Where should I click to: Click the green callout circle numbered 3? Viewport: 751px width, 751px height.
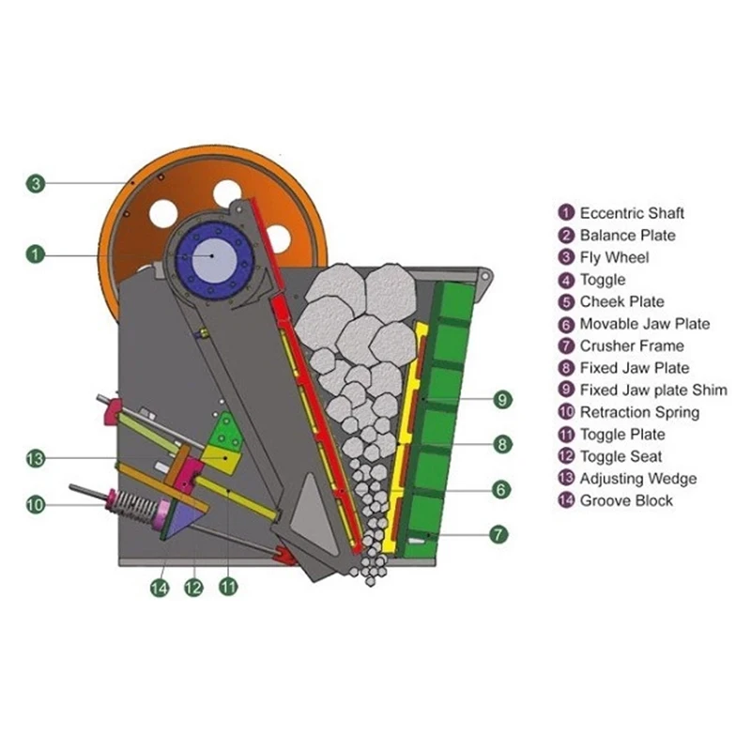(x=35, y=184)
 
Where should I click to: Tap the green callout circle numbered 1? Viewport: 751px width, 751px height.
(x=35, y=253)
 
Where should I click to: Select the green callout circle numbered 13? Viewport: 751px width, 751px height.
(x=35, y=458)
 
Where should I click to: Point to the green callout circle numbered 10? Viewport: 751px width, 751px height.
(x=35, y=504)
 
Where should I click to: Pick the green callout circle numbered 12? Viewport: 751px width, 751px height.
(x=193, y=588)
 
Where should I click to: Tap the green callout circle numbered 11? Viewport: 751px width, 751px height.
(x=227, y=588)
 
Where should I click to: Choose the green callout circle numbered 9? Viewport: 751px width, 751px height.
(x=503, y=400)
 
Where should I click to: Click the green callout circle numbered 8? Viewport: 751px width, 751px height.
(x=503, y=444)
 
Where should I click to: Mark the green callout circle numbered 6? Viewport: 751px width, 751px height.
(x=503, y=488)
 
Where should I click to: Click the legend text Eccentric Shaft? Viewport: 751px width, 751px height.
(x=632, y=213)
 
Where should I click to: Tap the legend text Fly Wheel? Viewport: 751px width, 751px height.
(x=614, y=257)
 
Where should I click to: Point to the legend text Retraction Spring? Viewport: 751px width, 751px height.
(x=639, y=412)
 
